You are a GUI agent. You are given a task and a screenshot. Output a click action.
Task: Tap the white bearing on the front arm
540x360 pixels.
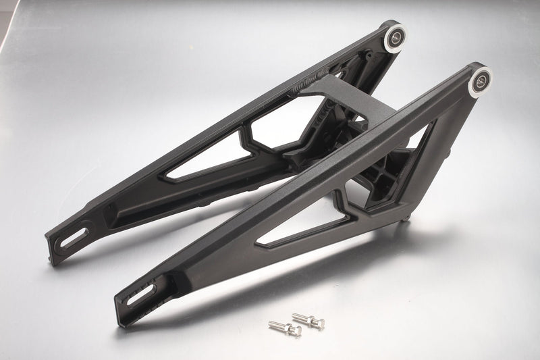click(479, 80)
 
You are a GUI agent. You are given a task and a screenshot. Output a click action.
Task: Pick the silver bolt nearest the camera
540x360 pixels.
click(284, 329)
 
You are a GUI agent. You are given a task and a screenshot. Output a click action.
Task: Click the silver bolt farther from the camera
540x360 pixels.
click(308, 319)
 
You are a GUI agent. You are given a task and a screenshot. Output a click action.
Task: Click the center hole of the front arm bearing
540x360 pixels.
click(480, 80)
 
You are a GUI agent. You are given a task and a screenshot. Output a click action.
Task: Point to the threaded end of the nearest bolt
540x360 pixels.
click(273, 326)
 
